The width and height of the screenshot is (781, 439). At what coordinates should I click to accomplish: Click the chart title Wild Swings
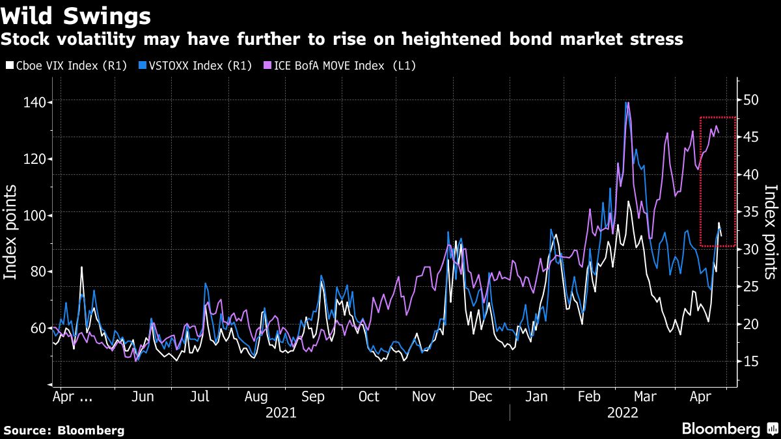[77, 15]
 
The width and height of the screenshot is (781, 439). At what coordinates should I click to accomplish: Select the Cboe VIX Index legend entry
[66, 66]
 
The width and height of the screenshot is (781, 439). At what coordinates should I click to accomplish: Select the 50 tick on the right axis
[752, 100]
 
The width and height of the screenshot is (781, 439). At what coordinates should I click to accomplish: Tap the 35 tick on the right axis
[752, 212]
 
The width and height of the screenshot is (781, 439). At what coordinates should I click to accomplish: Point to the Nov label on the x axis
[424, 397]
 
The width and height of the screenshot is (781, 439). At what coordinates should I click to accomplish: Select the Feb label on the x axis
[590, 397]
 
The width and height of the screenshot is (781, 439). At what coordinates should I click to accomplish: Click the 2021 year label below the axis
[281, 412]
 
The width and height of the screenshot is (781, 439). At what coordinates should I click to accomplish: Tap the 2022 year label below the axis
[623, 412]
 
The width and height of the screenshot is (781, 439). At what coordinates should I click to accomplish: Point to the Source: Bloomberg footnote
[64, 430]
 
